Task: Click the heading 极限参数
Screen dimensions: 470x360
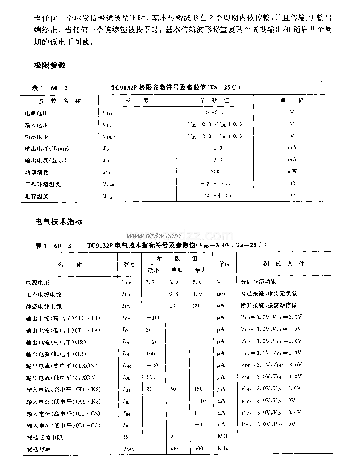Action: coord(49,65)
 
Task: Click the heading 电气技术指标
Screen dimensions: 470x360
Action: coord(58,221)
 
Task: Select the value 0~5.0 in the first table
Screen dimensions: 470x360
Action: coord(214,113)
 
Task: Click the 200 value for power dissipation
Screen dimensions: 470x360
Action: coord(214,172)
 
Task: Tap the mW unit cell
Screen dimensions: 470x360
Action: coord(292,172)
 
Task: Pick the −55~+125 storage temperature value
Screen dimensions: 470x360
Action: coord(215,195)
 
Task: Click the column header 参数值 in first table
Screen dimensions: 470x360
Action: coord(214,100)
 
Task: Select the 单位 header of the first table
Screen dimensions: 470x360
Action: coord(292,100)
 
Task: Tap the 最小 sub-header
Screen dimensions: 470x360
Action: coord(153,270)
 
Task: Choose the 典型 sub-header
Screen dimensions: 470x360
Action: coord(177,270)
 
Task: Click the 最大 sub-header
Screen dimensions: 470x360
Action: coord(201,270)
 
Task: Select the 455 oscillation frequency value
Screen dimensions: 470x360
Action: coord(175,449)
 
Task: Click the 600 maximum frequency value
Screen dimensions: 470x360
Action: coord(199,449)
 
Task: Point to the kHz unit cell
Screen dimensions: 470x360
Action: coord(222,449)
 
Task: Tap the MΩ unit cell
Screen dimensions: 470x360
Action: coord(222,437)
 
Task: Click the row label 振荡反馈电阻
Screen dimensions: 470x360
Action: coord(45,437)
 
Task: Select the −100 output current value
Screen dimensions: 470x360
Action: coord(153,318)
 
